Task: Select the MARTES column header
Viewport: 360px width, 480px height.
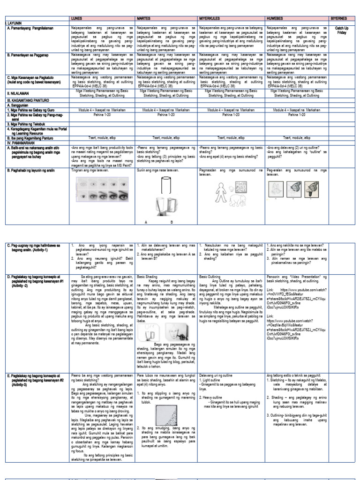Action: point(143,18)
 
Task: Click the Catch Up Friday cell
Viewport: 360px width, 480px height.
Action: point(343,31)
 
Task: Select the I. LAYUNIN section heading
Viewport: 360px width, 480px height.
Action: point(12,22)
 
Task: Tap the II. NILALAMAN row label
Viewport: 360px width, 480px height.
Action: point(18,93)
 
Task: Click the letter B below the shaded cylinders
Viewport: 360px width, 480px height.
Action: point(172,222)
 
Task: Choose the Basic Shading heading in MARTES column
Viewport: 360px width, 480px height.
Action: point(146,277)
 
